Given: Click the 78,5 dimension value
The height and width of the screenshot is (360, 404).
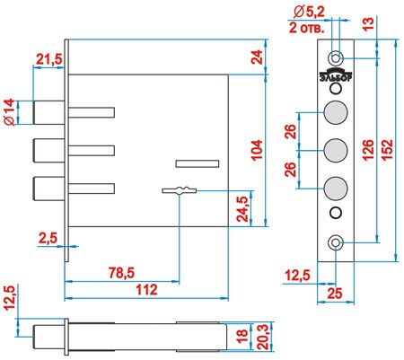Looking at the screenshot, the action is [121, 273].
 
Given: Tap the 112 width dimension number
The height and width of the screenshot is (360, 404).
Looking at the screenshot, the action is [146, 290].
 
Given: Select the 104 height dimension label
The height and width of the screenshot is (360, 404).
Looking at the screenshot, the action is [257, 150].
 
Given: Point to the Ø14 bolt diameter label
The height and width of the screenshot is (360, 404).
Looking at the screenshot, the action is [10, 112].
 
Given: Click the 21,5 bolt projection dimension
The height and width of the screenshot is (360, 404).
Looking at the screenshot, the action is [48, 59].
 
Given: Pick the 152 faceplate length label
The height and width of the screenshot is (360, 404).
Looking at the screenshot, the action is [387, 150].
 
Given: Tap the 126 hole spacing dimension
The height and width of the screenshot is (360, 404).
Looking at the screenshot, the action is [368, 150].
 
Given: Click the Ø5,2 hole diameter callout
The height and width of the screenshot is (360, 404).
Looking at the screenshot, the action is [309, 12].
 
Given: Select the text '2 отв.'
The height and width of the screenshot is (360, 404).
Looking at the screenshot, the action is [306, 29].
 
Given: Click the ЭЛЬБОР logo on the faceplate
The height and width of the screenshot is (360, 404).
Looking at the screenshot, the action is [336, 75].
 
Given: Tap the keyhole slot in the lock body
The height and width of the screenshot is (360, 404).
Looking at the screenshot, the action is [180, 190].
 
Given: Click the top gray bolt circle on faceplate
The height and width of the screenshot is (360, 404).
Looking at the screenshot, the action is [336, 112].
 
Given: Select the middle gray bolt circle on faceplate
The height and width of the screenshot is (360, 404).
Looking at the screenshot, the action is [336, 150].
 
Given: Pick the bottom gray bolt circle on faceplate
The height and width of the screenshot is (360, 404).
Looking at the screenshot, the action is [336, 189].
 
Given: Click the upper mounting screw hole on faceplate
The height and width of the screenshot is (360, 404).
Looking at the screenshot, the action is [336, 57].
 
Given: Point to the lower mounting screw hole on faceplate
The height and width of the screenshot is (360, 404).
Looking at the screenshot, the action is [336, 242].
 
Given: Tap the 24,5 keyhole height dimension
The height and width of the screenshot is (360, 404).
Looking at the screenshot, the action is [242, 209].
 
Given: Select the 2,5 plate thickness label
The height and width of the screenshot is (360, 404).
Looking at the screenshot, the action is [48, 239].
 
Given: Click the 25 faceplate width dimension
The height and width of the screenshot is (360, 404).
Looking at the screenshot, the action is [335, 294].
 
